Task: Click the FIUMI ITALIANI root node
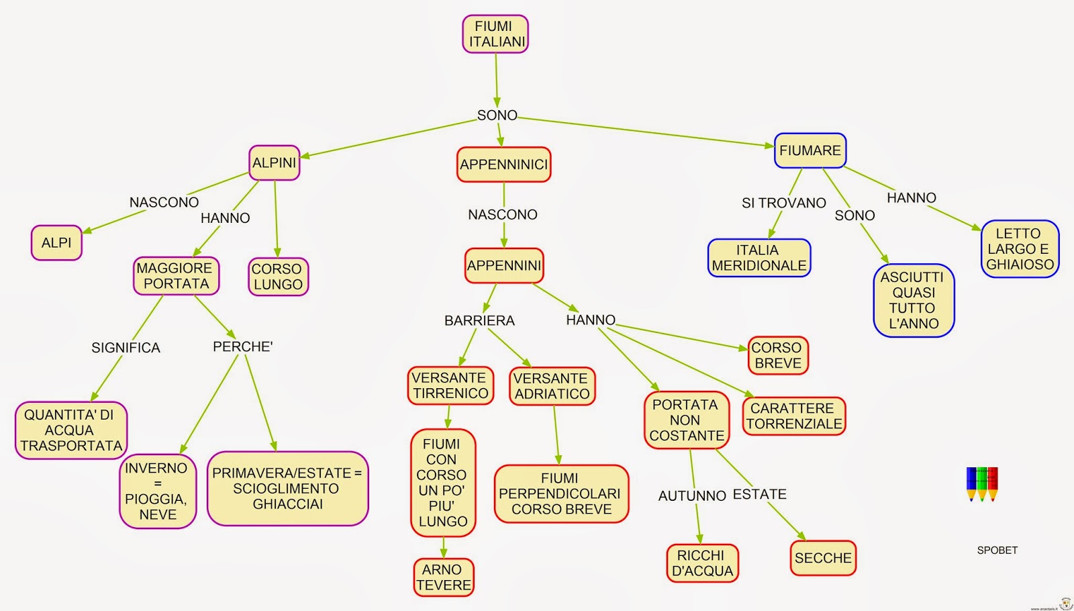tap(495, 34)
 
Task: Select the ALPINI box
tap(275, 163)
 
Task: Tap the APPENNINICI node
tap(503, 164)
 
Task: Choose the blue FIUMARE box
tap(810, 150)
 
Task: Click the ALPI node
tap(56, 242)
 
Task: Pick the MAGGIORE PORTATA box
tap(176, 276)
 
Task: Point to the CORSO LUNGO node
tap(278, 277)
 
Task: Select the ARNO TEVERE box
tap(444, 577)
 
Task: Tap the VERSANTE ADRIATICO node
tap(552, 386)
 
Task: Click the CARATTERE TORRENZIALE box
tap(794, 416)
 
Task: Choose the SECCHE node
tap(823, 558)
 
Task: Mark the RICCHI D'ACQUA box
tap(702, 563)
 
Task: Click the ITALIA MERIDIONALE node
tap(759, 258)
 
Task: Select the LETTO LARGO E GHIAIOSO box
tap(1020, 249)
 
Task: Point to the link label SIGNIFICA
tap(126, 348)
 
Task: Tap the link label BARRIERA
tap(479, 320)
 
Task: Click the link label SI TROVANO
tap(784, 203)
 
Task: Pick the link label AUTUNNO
tap(692, 496)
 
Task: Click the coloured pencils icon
tap(982, 484)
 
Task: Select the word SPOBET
tap(997, 550)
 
